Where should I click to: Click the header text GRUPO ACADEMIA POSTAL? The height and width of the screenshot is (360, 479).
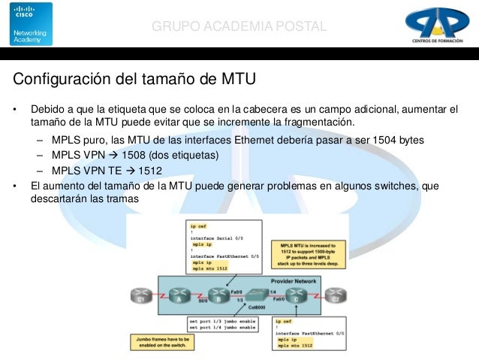(x=239, y=27)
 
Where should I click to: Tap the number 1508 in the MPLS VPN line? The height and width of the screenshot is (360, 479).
(x=135, y=155)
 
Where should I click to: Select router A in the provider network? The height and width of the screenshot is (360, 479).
(x=179, y=294)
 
